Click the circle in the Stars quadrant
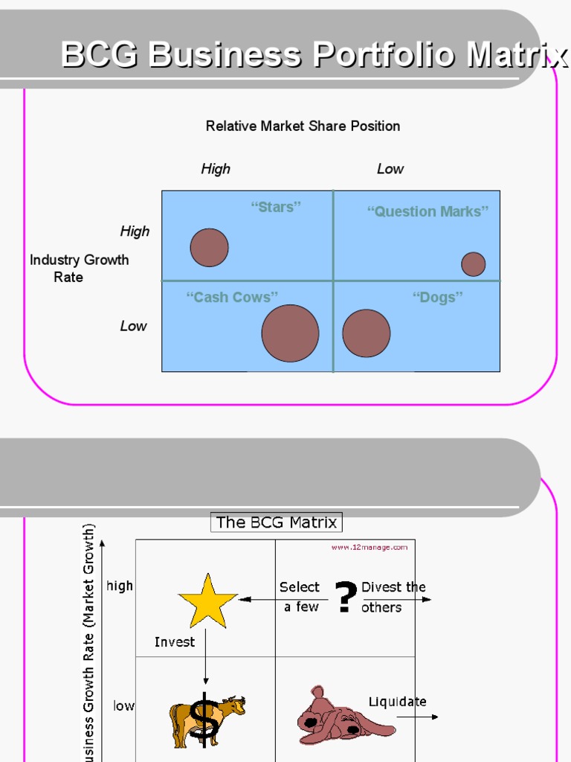click(209, 248)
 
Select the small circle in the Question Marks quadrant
click(473, 264)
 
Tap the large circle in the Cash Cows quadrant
click(290, 333)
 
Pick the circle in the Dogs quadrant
click(366, 333)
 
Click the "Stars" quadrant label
click(276, 207)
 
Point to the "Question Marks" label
click(428, 211)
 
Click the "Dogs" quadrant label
click(437, 298)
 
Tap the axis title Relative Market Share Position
click(303, 127)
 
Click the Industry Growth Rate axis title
click(78, 268)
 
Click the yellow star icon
click(207, 601)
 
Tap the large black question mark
click(343, 598)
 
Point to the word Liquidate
click(397, 701)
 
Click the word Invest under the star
click(175, 641)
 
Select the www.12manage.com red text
click(369, 547)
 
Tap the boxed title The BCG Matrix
click(276, 522)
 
